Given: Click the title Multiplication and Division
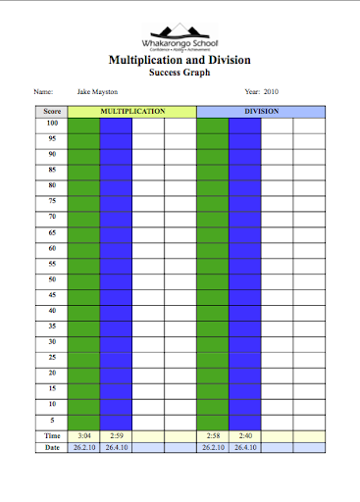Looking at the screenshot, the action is point(179,60).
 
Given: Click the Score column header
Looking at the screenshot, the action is point(52,112).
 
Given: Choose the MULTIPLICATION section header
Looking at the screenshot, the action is point(131,112).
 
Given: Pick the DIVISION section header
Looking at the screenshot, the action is point(261,112).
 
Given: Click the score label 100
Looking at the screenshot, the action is point(52,124).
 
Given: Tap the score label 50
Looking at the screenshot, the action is point(52,279).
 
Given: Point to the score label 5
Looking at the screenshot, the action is point(52,420).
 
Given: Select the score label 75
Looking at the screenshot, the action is point(52,201).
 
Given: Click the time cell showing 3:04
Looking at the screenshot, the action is point(84,434).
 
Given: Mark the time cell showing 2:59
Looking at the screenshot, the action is point(116,434).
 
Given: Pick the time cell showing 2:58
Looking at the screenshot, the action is point(213,434).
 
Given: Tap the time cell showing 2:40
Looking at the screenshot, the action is point(244,434).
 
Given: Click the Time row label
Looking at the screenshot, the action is point(52,434).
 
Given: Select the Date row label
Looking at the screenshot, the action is point(52,447).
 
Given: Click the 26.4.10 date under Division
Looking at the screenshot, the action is point(244,447).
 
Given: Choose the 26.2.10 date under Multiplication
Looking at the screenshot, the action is point(84,447).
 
